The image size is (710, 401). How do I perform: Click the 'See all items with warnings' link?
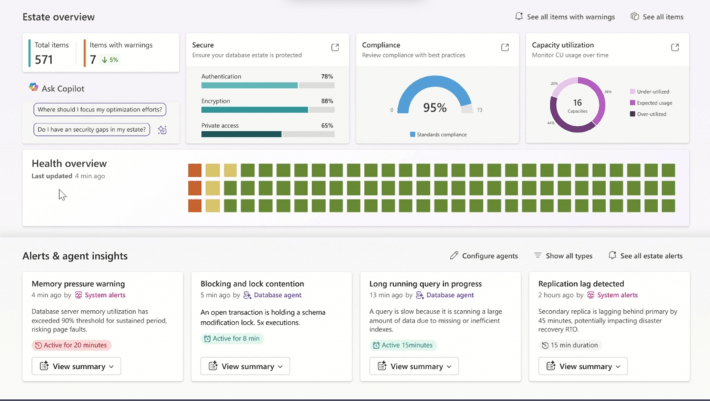(564, 17)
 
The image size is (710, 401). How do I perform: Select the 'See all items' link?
(657, 17)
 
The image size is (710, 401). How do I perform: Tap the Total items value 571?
(44, 60)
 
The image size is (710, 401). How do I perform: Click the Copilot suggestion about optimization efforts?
(100, 110)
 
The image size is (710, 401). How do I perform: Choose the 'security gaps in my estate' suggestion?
(92, 129)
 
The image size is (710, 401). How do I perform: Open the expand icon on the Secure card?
(335, 47)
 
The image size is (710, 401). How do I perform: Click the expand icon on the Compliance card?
(505, 47)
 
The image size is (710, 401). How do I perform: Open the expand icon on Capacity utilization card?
(675, 47)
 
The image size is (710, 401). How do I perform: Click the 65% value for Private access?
(327, 126)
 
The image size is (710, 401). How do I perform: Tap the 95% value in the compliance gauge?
(435, 108)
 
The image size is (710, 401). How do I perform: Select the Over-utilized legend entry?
(651, 114)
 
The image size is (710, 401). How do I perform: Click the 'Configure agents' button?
(483, 256)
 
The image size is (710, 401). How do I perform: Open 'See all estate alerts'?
(646, 256)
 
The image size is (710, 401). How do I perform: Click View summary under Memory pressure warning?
(76, 366)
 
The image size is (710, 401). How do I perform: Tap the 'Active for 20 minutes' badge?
(71, 345)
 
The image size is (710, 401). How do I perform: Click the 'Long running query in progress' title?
(426, 284)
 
